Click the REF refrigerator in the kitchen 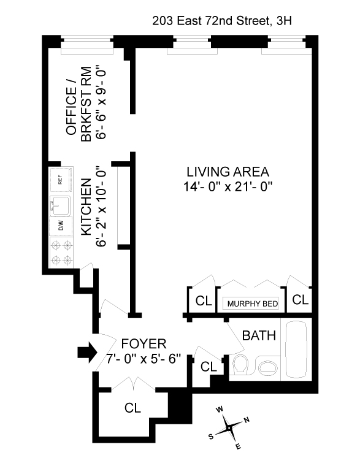click(61, 180)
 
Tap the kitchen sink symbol click(60, 205)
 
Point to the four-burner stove click(61, 253)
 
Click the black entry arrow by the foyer click(88, 352)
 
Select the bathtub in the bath click(296, 349)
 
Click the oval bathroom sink click(267, 368)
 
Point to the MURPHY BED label click(253, 304)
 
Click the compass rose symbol click(229, 427)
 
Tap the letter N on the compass click(247, 419)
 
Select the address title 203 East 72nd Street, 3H click(222, 21)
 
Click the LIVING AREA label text click(228, 172)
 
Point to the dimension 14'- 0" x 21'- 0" click(228, 187)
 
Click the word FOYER click(144, 344)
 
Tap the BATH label click(259, 335)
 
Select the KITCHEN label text click(86, 207)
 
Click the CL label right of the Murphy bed click(301, 300)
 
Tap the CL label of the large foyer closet click(132, 408)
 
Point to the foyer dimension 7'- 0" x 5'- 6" click(144, 359)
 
